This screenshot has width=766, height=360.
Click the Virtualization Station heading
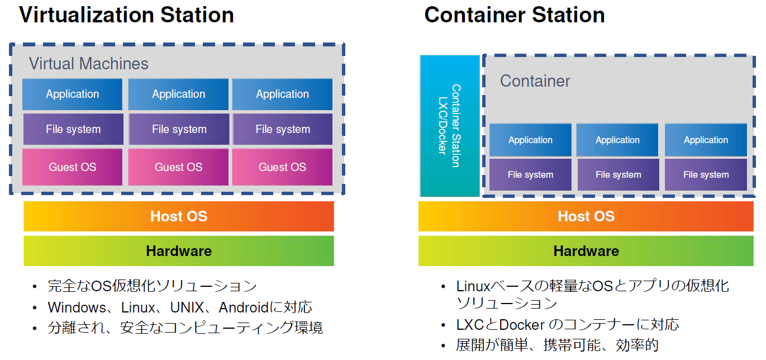(x=126, y=15)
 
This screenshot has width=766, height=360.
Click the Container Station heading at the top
(x=514, y=15)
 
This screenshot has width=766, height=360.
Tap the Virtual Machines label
(x=89, y=64)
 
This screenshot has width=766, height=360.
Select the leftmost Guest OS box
(x=73, y=167)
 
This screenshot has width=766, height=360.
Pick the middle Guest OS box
(x=179, y=167)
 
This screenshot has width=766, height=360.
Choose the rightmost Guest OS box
(x=282, y=167)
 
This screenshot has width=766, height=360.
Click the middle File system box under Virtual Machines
(x=179, y=130)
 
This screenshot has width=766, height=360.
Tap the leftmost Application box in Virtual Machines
(x=73, y=94)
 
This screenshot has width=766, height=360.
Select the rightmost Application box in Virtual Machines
(x=282, y=94)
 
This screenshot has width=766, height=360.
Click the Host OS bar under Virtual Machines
(x=179, y=216)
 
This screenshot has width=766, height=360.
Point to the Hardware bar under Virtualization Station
(x=179, y=251)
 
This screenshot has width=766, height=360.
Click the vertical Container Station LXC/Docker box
(x=450, y=126)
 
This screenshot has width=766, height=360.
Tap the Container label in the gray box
(x=535, y=81)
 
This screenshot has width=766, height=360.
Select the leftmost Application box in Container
(x=530, y=140)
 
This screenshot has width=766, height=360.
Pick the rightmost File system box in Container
(x=706, y=175)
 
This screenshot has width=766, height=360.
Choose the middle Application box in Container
(x=617, y=140)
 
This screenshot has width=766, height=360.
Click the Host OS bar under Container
(x=586, y=216)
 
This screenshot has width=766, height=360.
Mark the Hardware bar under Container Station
(x=586, y=251)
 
